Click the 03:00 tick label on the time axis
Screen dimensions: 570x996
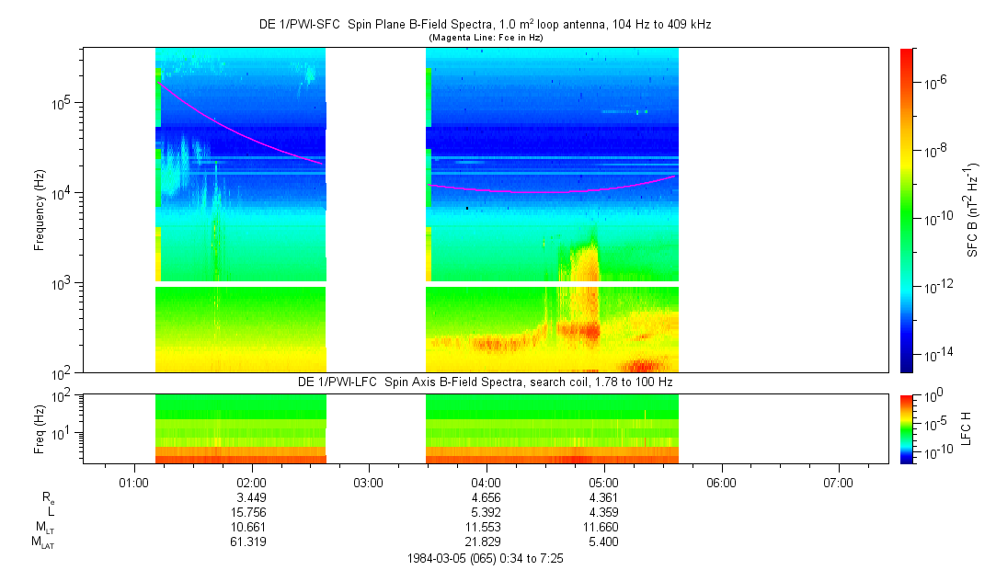(x=368, y=482)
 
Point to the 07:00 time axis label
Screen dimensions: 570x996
(x=838, y=482)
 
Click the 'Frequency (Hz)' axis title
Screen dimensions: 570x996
(x=40, y=210)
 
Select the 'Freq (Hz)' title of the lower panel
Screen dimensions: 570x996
(x=40, y=427)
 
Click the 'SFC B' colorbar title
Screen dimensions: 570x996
(x=973, y=210)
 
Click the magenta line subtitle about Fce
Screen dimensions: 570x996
(x=485, y=38)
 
